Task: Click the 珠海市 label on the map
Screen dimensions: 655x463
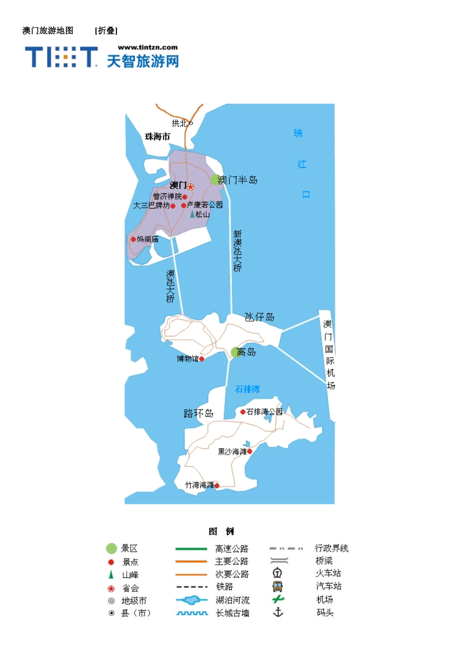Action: (157, 136)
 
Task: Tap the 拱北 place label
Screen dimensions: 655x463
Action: (179, 123)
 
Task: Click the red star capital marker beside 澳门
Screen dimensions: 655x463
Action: (191, 187)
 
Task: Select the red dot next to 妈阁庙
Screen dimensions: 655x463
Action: (133, 239)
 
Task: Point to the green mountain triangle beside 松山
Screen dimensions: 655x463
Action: (192, 214)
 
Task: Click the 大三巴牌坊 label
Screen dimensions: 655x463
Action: (151, 206)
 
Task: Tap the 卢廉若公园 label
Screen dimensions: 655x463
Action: (205, 205)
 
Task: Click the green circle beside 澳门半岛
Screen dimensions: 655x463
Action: (215, 180)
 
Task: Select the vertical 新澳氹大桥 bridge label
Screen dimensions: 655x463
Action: (237, 251)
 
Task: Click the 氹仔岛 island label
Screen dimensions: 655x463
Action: (259, 317)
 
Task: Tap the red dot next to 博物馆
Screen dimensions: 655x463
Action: (202, 359)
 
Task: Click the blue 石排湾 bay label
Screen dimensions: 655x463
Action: (247, 389)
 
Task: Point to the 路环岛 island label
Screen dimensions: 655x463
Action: (198, 414)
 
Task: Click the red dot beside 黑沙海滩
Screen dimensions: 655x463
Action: (250, 452)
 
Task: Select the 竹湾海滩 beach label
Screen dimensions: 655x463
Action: (199, 485)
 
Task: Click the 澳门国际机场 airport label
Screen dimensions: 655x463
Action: (330, 355)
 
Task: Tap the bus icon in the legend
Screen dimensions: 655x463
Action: (277, 586)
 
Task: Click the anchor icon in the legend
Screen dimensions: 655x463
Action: (278, 612)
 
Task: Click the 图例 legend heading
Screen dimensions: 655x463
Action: (221, 531)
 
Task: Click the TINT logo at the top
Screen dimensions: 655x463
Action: (61, 57)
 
